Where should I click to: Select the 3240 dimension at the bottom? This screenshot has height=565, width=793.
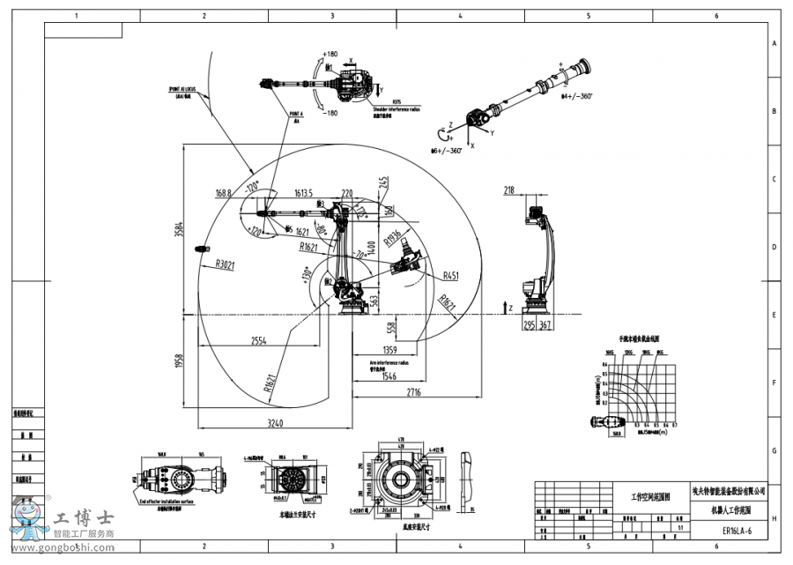(274, 424)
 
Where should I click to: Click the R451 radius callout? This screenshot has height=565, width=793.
(451, 274)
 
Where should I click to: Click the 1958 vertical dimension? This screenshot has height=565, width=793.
(179, 361)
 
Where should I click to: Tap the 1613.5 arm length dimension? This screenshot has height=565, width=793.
(304, 192)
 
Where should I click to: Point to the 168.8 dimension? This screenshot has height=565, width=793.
(224, 192)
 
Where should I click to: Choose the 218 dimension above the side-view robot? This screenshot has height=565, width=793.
(509, 190)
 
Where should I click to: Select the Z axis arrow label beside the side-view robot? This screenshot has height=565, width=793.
(509, 305)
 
